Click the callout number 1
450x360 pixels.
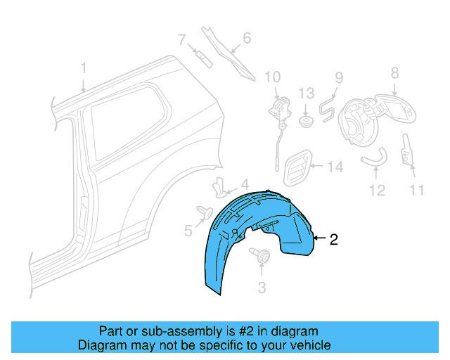pyautogui.click(x=83, y=69)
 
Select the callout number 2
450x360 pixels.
pyautogui.click(x=333, y=240)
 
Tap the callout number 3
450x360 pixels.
pyautogui.click(x=262, y=287)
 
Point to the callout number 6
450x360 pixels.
pyautogui.click(x=247, y=38)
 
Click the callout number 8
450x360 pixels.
pyautogui.click(x=394, y=72)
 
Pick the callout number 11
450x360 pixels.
pyautogui.click(x=418, y=190)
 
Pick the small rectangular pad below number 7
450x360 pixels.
pyautogui.click(x=204, y=58)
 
